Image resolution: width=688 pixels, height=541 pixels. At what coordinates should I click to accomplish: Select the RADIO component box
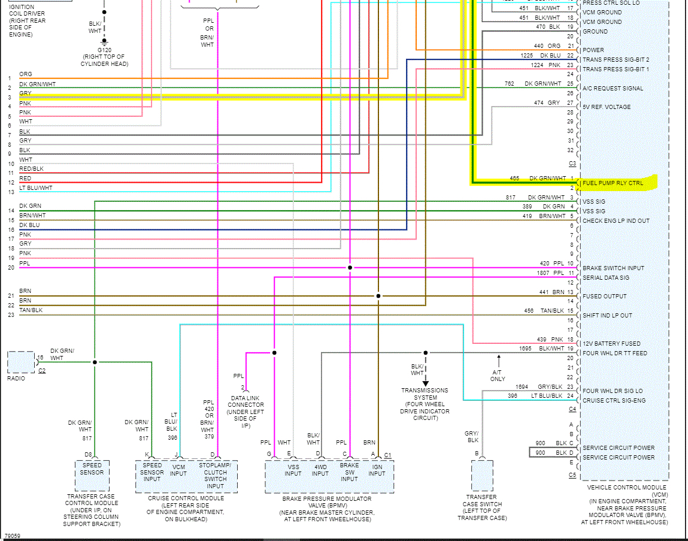point(21,362)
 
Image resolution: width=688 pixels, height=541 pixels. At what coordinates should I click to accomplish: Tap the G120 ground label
point(104,50)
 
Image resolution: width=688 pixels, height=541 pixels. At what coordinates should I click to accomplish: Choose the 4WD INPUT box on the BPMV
point(320,470)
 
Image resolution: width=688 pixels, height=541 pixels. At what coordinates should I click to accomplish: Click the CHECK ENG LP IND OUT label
point(616,221)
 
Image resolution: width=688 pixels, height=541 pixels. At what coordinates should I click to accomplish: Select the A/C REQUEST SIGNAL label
point(613,89)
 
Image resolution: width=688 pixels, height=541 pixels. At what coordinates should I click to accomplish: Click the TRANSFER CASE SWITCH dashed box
point(482,476)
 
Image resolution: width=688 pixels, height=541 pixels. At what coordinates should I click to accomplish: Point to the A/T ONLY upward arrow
point(498,360)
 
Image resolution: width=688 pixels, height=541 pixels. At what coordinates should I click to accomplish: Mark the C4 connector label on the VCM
point(572,409)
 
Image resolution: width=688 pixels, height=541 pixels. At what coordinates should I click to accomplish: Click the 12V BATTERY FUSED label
point(611,344)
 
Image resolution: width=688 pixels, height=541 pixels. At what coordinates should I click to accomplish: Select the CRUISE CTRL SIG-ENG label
point(614,401)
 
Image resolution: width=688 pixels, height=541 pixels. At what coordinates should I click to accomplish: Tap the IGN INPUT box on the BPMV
point(377,470)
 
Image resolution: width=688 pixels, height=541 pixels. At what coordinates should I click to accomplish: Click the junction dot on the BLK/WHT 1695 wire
point(426,353)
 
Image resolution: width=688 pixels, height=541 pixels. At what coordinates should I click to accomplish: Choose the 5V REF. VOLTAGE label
point(607,107)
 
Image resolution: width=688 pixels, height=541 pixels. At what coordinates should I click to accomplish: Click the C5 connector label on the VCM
point(572,475)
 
